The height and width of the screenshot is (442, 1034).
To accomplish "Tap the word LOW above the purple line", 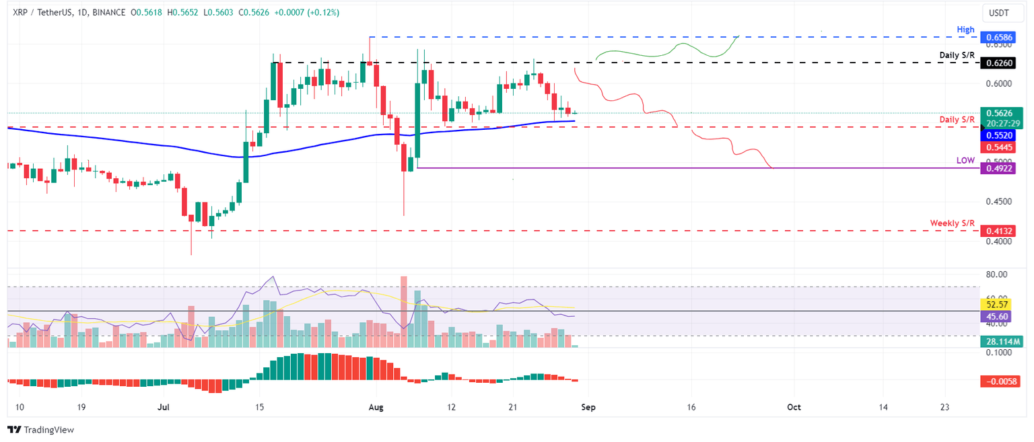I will (965, 161).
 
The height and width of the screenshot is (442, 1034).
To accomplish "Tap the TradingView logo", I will (40, 429).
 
